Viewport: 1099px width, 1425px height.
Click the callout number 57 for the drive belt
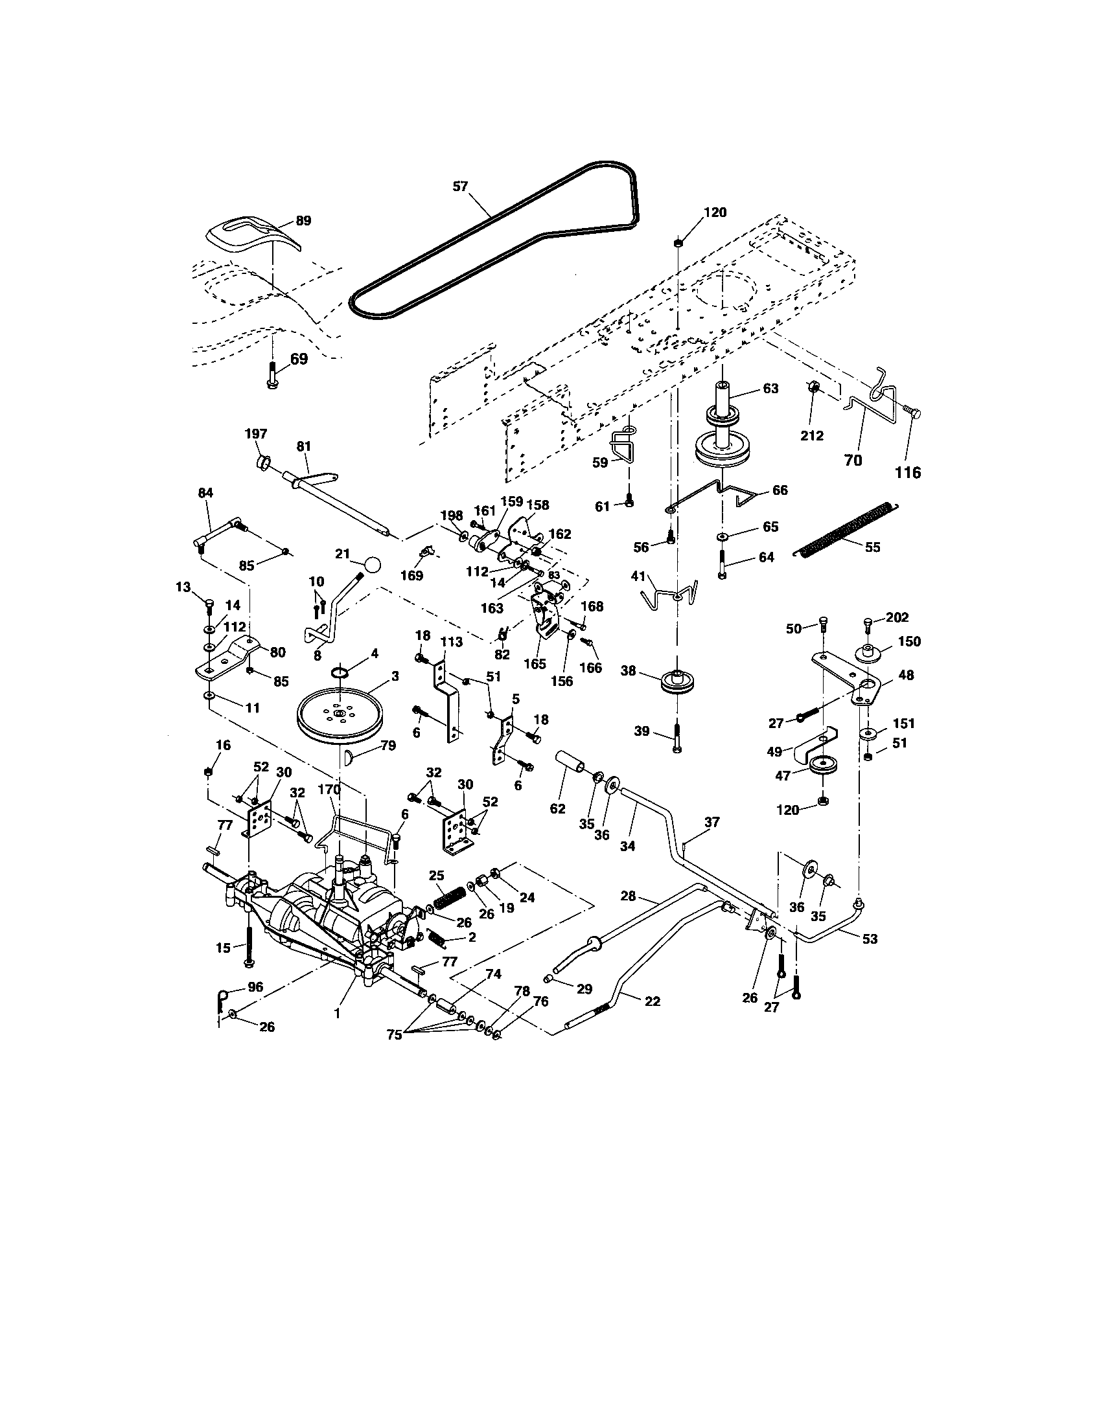pyautogui.click(x=461, y=186)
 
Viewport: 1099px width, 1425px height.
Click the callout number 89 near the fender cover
pyautogui.click(x=303, y=220)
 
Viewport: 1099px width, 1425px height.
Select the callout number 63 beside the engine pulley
pyautogui.click(x=770, y=388)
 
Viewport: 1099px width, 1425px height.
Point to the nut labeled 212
pyautogui.click(x=813, y=388)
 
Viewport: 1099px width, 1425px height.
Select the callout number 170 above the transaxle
pyautogui.click(x=330, y=790)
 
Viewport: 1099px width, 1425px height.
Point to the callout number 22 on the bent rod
pyautogui.click(x=652, y=1001)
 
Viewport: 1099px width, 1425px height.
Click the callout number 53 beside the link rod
pyautogui.click(x=869, y=939)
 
